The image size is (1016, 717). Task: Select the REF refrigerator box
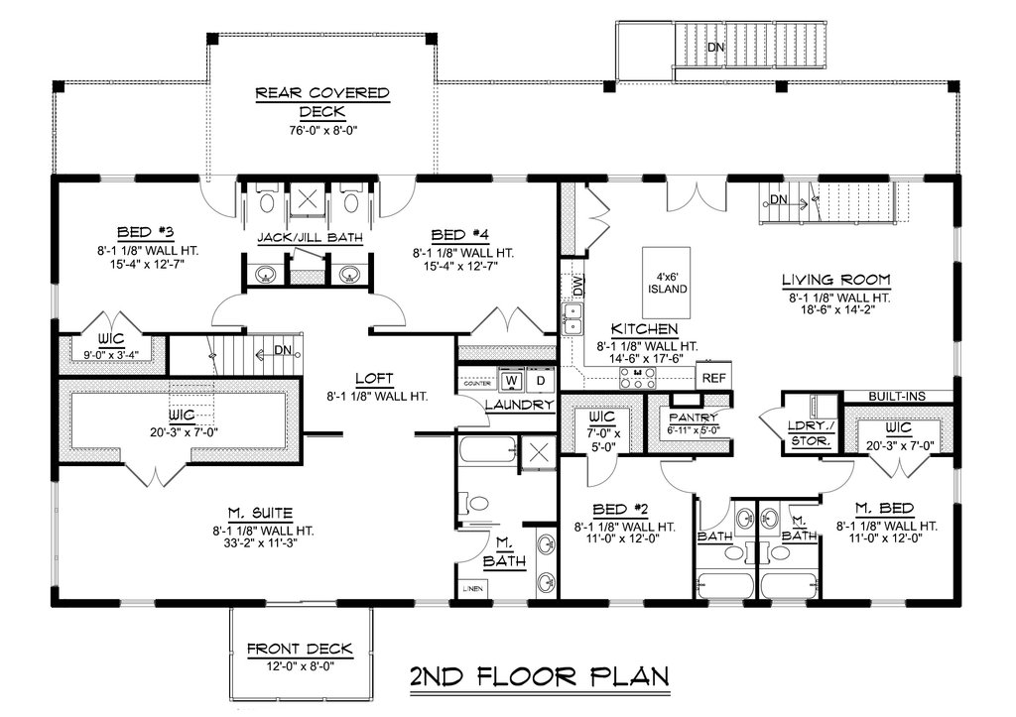pos(712,378)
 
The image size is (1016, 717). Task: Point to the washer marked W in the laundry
pos(512,380)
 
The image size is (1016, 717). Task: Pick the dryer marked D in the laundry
pos(540,380)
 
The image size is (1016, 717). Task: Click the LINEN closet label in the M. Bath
pos(473,587)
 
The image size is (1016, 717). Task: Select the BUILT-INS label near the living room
pos(897,396)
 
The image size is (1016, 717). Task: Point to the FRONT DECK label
pos(300,650)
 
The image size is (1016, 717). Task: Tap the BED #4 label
pos(463,235)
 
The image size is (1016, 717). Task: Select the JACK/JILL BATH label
pos(308,237)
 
